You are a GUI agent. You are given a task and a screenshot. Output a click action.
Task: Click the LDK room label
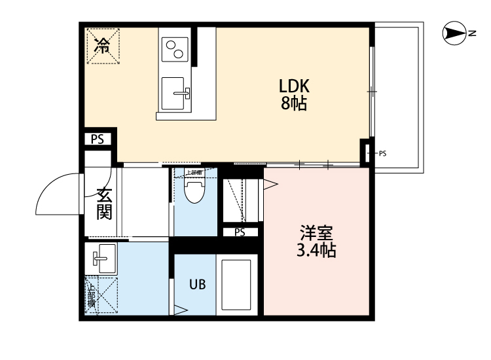tap(294, 86)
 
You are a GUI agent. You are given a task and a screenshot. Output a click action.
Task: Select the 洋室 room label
tap(317, 233)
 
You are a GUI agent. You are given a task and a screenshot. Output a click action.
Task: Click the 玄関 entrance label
tap(104, 203)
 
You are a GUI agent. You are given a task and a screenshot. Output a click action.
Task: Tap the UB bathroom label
tap(198, 284)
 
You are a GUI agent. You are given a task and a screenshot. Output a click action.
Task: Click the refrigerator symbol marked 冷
tap(102, 45)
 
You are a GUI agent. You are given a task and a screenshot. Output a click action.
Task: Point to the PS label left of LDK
tap(98, 139)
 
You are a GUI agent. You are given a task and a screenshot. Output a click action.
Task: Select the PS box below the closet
tap(240, 232)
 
